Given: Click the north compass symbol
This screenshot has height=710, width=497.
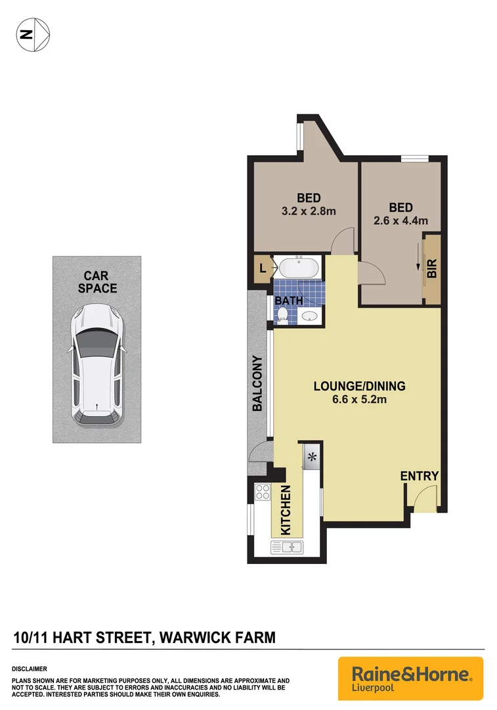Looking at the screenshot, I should (32, 34).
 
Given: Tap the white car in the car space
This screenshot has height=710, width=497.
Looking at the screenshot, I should (97, 364).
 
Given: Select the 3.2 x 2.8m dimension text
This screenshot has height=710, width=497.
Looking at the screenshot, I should (308, 211).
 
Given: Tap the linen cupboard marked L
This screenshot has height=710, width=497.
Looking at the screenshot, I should (263, 268).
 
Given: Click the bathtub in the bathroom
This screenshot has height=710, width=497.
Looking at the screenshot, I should (299, 268).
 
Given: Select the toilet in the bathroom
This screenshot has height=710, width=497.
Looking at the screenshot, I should (282, 317).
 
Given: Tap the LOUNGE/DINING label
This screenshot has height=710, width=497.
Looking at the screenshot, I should (359, 386).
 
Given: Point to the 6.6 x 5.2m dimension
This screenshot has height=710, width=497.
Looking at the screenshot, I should (359, 399).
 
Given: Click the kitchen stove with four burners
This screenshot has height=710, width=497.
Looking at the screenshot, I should (263, 492).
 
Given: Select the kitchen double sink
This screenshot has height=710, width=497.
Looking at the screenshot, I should (287, 546).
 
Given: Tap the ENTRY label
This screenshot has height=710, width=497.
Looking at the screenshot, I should (419, 477).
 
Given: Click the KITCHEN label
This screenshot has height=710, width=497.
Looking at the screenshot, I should (286, 510).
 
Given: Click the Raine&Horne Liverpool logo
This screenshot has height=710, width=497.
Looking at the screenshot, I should (410, 678).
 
